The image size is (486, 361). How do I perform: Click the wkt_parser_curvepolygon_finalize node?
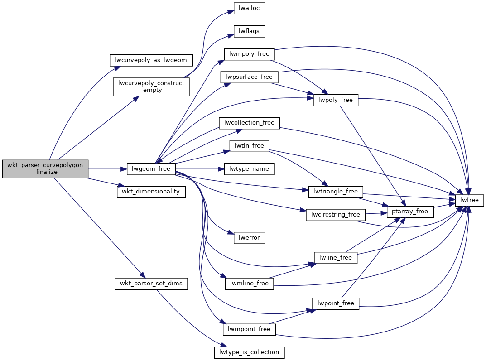coord(45,169)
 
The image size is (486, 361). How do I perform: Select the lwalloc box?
coord(249,8)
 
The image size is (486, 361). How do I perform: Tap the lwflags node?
coord(249,31)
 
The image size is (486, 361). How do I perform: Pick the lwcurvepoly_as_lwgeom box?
coord(151,59)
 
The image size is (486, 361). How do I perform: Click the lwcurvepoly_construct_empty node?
coord(151,87)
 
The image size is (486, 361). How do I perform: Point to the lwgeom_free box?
coord(151,169)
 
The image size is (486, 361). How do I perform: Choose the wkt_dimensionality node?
coord(151,191)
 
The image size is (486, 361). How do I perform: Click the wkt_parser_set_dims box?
coord(151,284)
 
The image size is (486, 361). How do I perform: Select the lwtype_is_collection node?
coord(249,351)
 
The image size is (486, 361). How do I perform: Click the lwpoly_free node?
coord(336,100)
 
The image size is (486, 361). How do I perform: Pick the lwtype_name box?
coord(249,169)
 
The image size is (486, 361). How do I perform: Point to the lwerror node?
coord(249,237)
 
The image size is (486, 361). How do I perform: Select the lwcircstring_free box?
coord(336,214)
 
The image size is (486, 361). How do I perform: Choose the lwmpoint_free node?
coord(249,329)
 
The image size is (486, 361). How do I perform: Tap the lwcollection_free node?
coord(249,123)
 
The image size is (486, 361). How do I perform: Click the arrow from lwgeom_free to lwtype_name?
coord(200,169)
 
